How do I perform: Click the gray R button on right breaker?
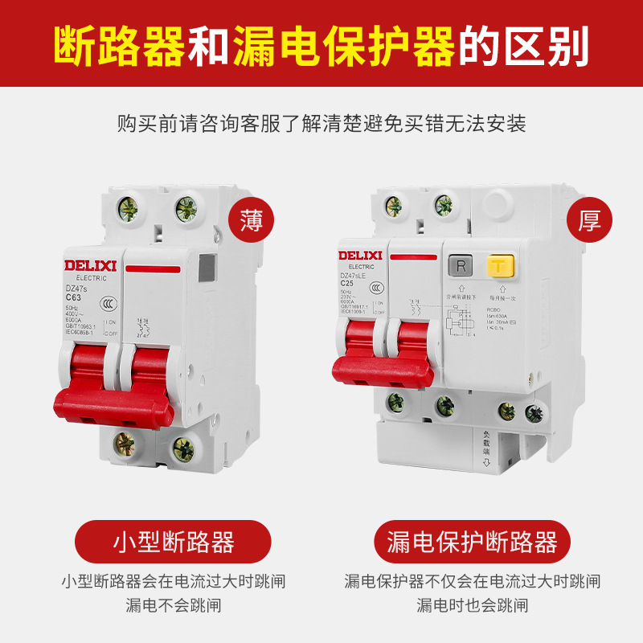[x=460, y=265]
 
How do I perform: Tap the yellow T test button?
[x=498, y=265]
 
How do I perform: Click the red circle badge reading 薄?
[x=252, y=219]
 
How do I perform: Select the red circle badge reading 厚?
[x=590, y=219]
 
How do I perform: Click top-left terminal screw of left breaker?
[x=126, y=210]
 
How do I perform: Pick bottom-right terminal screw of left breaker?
[x=184, y=448]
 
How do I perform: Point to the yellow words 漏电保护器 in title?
[x=344, y=47]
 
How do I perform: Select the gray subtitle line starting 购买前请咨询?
[x=321, y=125]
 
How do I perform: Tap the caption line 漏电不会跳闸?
[x=173, y=604]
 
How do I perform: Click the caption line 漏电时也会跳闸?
[x=472, y=604]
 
